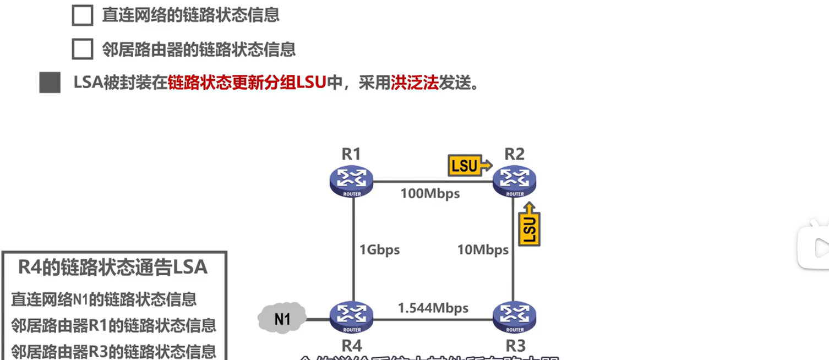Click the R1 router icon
352,181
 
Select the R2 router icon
514,181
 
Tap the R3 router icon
514,317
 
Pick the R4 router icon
352,317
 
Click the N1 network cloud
282,318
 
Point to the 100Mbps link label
430,193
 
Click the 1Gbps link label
379,250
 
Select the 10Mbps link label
483,250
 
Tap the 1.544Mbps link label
433,308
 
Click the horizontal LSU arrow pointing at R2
470,165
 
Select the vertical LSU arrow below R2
529,224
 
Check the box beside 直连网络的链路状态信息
83,15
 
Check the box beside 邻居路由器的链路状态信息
83,50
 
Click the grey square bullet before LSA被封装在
50,83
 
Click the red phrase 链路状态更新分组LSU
247,83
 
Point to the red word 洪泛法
414,83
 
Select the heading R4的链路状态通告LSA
113,267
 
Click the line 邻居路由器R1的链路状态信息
113,325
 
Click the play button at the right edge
815,246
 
